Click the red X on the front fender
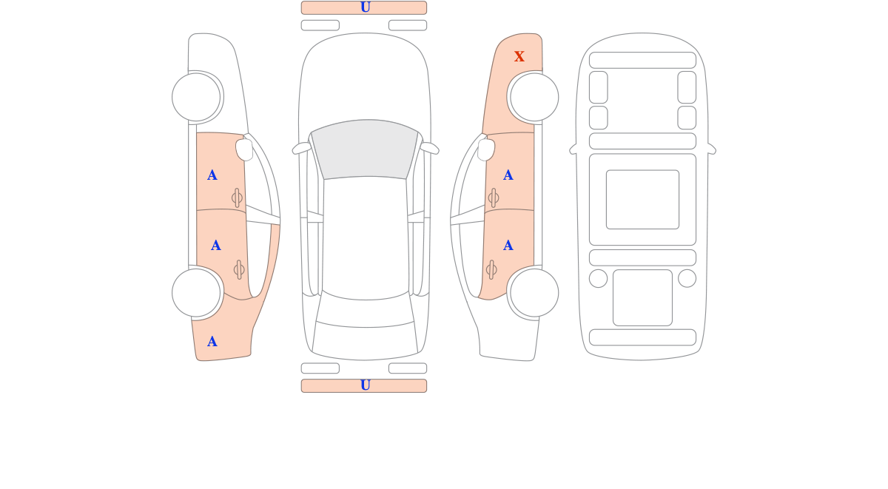point(519,56)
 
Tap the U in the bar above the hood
point(366,7)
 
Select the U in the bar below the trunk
point(366,385)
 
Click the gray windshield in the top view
point(365,149)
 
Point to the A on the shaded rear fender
point(212,342)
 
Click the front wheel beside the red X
point(534,97)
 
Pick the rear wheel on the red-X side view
point(534,293)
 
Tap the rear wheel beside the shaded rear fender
point(196,293)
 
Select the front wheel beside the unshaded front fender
point(196,97)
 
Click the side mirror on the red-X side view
point(486,149)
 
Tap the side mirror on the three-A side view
point(244,149)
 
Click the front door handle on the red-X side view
point(493,198)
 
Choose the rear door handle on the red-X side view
point(491,270)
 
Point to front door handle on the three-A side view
point(237,198)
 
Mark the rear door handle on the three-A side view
point(239,270)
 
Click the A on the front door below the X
point(508,175)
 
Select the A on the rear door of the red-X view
point(508,246)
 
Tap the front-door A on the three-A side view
point(212,175)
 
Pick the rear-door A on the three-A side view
point(215,246)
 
